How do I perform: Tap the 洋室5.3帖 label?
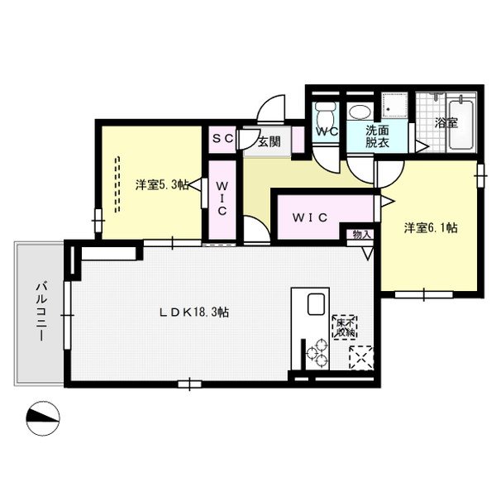159,184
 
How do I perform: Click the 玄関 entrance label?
269,141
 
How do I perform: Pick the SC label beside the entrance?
223,140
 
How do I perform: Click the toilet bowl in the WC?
325,112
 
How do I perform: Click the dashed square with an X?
361,357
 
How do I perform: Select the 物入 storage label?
362,235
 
